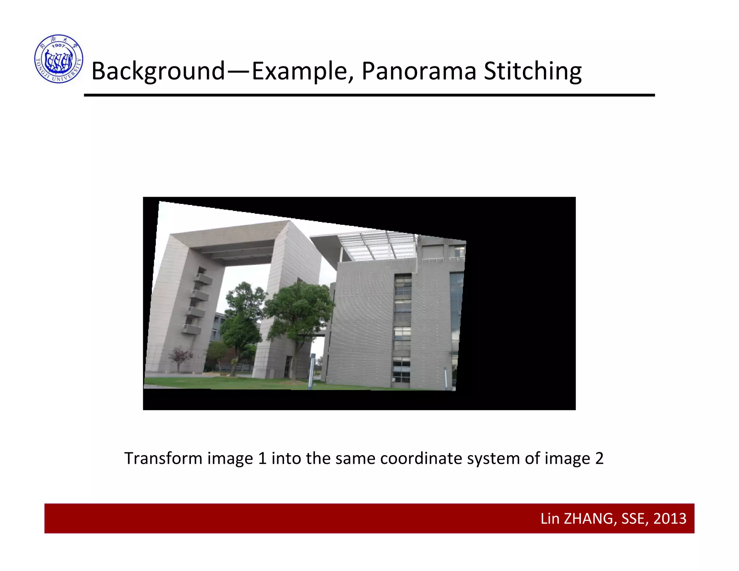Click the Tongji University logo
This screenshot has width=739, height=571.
(x=59, y=59)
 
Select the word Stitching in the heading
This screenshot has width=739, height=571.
(x=533, y=71)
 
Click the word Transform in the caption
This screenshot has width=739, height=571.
(x=163, y=458)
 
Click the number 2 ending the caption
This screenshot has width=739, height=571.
(x=599, y=458)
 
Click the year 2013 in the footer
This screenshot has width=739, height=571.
(x=670, y=519)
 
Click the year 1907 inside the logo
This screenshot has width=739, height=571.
(x=58, y=45)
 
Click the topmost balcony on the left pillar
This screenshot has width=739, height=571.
(x=203, y=278)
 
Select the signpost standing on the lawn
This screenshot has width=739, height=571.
(x=311, y=372)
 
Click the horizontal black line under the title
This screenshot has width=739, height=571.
(x=369, y=95)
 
